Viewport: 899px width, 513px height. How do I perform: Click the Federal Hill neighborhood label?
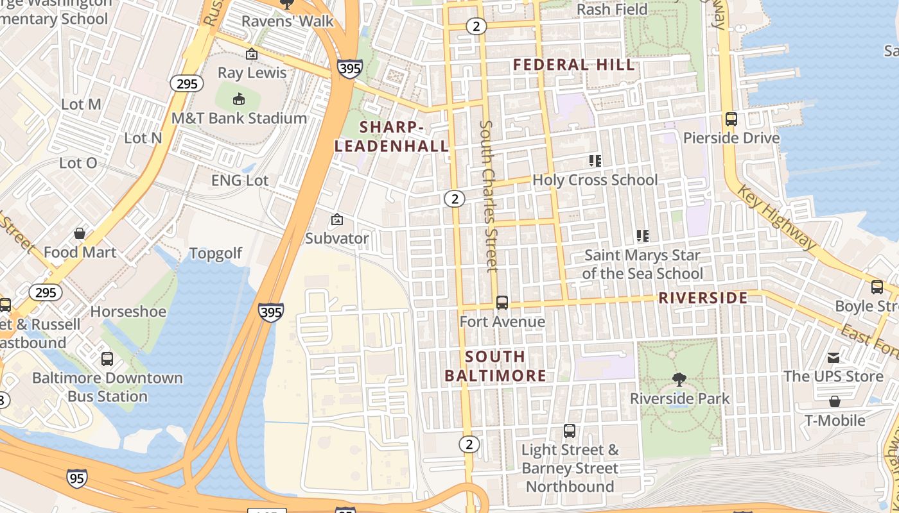pos(574,65)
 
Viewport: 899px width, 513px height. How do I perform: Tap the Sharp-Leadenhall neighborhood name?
pos(391,137)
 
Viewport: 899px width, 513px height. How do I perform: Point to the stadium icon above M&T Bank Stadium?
pos(239,99)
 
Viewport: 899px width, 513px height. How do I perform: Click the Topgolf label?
pos(216,254)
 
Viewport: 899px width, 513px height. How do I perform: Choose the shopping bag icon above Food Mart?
pos(80,233)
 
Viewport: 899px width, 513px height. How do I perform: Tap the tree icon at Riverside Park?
pos(679,380)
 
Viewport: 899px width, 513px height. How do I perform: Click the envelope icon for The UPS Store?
pos(834,357)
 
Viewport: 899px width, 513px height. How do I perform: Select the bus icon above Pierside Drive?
pos(731,119)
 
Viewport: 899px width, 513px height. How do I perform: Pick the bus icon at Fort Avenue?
pos(502,303)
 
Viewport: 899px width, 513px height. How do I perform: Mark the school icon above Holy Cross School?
pos(595,161)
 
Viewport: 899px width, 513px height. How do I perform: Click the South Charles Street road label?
pos(489,196)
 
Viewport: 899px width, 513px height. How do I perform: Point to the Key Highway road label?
pos(776,218)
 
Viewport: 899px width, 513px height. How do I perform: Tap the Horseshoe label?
pos(128,312)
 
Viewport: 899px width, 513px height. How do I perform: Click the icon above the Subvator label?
pos(336,220)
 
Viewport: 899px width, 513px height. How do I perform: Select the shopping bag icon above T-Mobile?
pos(835,402)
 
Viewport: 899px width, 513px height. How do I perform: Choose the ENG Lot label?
pos(240,181)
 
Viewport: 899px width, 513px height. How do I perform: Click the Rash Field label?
pos(612,10)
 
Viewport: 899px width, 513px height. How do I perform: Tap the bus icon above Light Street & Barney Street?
pos(570,431)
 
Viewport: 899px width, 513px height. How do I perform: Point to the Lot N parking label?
pos(143,138)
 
